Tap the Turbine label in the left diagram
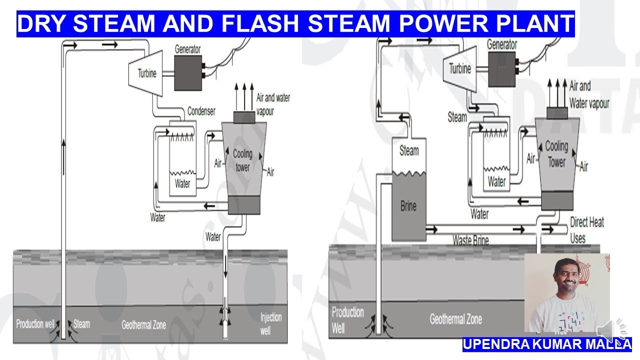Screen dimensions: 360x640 [x=147, y=73]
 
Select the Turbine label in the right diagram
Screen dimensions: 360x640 [x=460, y=68]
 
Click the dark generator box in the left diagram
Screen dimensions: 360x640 [x=188, y=73]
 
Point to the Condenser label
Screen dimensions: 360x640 [x=201, y=110]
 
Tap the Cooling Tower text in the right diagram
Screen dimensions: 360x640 [x=556, y=153]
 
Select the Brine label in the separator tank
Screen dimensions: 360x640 [x=408, y=205]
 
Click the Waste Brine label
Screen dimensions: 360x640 [x=470, y=240]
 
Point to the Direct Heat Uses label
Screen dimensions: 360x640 [x=586, y=229]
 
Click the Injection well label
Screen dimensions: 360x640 [x=271, y=323]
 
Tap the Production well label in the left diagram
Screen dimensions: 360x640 [x=35, y=324]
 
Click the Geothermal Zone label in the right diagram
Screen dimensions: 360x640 [x=455, y=318]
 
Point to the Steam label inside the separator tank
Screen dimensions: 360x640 [x=409, y=150]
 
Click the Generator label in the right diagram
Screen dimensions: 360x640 [x=502, y=44]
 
